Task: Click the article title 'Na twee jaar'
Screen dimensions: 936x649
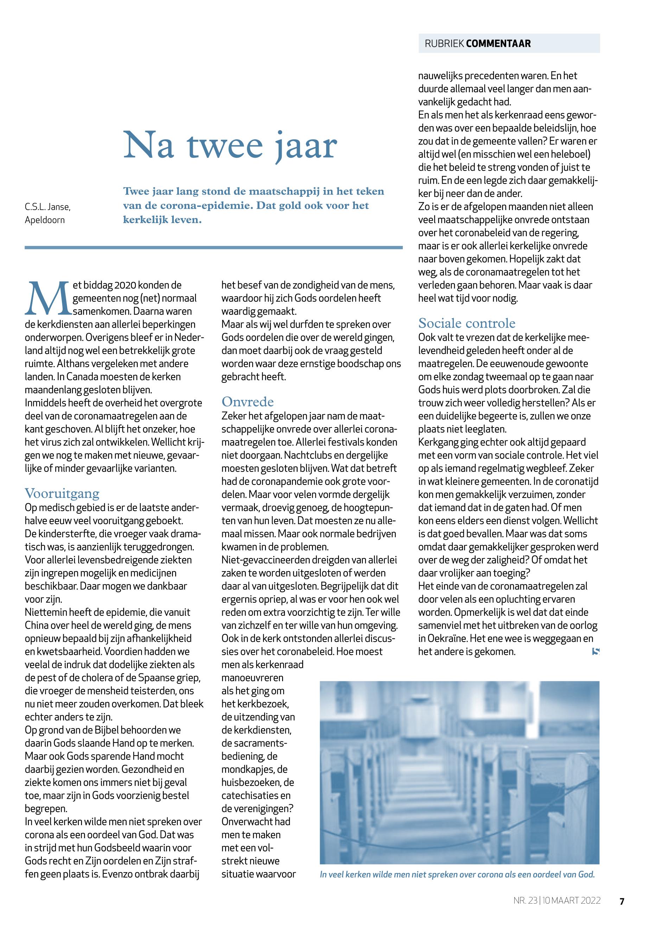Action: (x=230, y=145)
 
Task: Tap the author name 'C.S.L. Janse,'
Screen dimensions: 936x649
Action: (x=47, y=207)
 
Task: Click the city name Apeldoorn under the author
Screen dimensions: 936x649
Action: (x=45, y=220)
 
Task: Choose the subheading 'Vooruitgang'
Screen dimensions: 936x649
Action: (x=62, y=493)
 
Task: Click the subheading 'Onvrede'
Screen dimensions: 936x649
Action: (x=247, y=402)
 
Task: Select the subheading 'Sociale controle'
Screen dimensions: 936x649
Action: (x=466, y=323)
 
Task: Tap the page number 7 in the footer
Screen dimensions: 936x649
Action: (x=622, y=901)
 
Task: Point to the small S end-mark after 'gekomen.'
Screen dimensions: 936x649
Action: (x=596, y=651)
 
